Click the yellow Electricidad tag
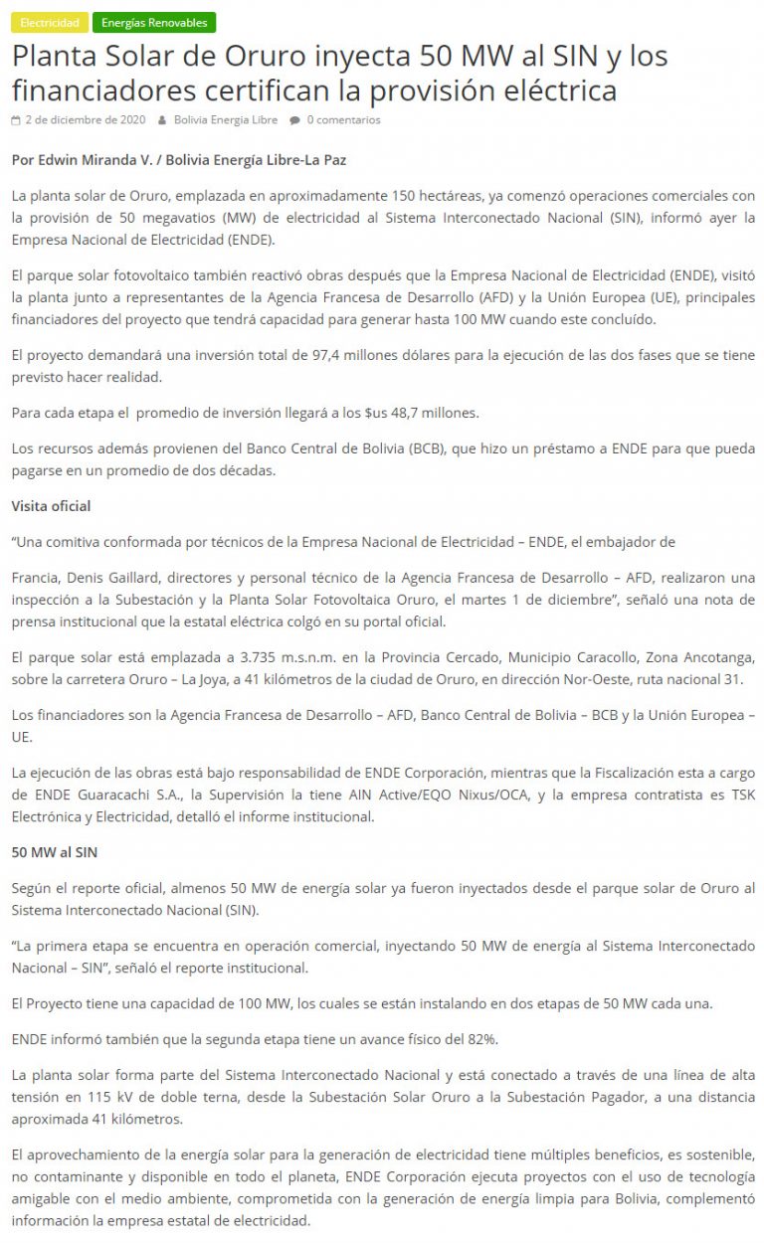click(50, 22)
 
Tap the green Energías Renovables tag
click(154, 22)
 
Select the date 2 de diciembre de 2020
click(86, 120)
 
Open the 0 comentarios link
click(343, 120)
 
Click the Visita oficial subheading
click(51, 506)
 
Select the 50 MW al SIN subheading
click(54, 852)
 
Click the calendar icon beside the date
click(16, 120)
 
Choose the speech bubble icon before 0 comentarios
click(295, 120)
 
